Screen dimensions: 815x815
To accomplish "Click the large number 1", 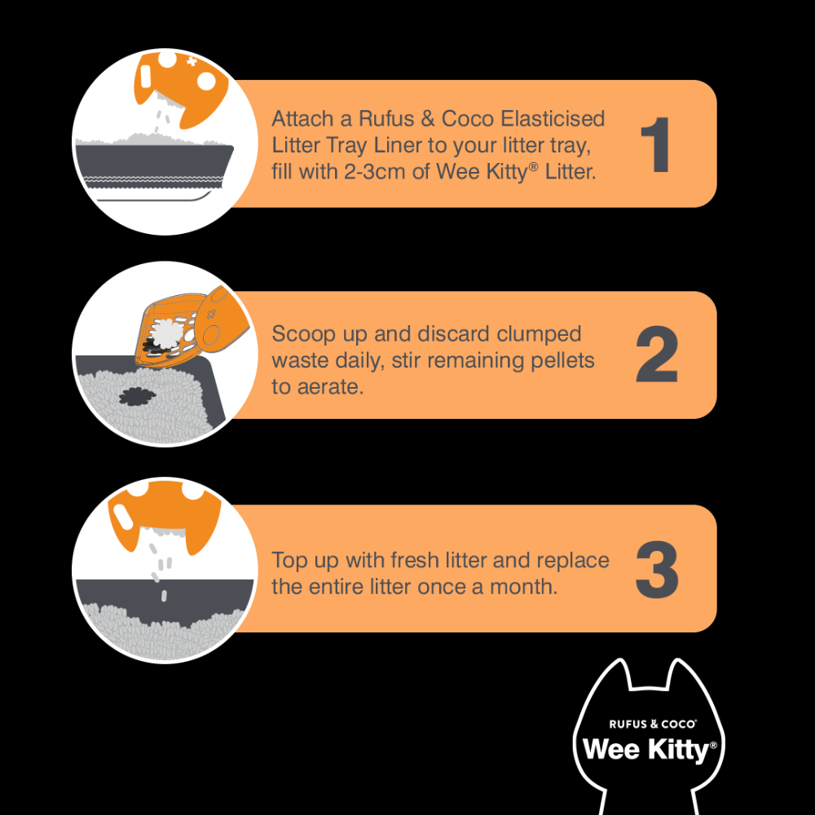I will [657, 144].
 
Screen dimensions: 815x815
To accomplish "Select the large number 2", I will [657, 356].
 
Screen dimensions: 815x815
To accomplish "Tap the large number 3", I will [657, 568].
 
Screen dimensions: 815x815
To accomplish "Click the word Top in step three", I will [289, 561].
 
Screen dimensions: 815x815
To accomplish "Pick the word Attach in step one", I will [302, 119].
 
